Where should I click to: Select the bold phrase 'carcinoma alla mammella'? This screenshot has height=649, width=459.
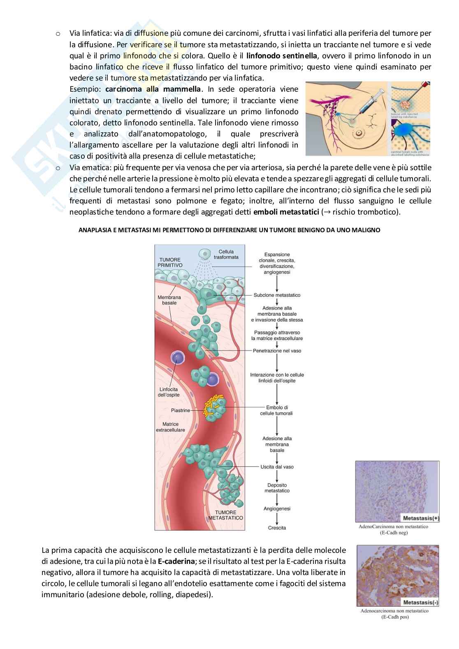pyautogui.click(x=153, y=89)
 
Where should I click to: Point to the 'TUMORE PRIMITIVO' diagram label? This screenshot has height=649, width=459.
pyautogui.click(x=170, y=262)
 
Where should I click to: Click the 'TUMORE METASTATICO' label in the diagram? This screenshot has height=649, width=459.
pyautogui.click(x=225, y=515)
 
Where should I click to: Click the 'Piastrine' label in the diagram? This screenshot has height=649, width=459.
pyautogui.click(x=181, y=410)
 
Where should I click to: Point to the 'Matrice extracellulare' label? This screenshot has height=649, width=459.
pyautogui.click(x=170, y=427)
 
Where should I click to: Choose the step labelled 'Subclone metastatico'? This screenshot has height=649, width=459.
pyautogui.click(x=277, y=295)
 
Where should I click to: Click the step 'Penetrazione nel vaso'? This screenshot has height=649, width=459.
pyautogui.click(x=276, y=351)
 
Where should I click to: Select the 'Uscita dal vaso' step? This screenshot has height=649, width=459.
pyautogui.click(x=277, y=467)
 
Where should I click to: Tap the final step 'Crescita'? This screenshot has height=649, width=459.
pyautogui.click(x=277, y=528)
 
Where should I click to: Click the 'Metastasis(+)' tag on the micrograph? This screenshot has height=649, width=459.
pyautogui.click(x=420, y=518)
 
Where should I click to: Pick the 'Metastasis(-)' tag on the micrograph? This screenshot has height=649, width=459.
pyautogui.click(x=420, y=603)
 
